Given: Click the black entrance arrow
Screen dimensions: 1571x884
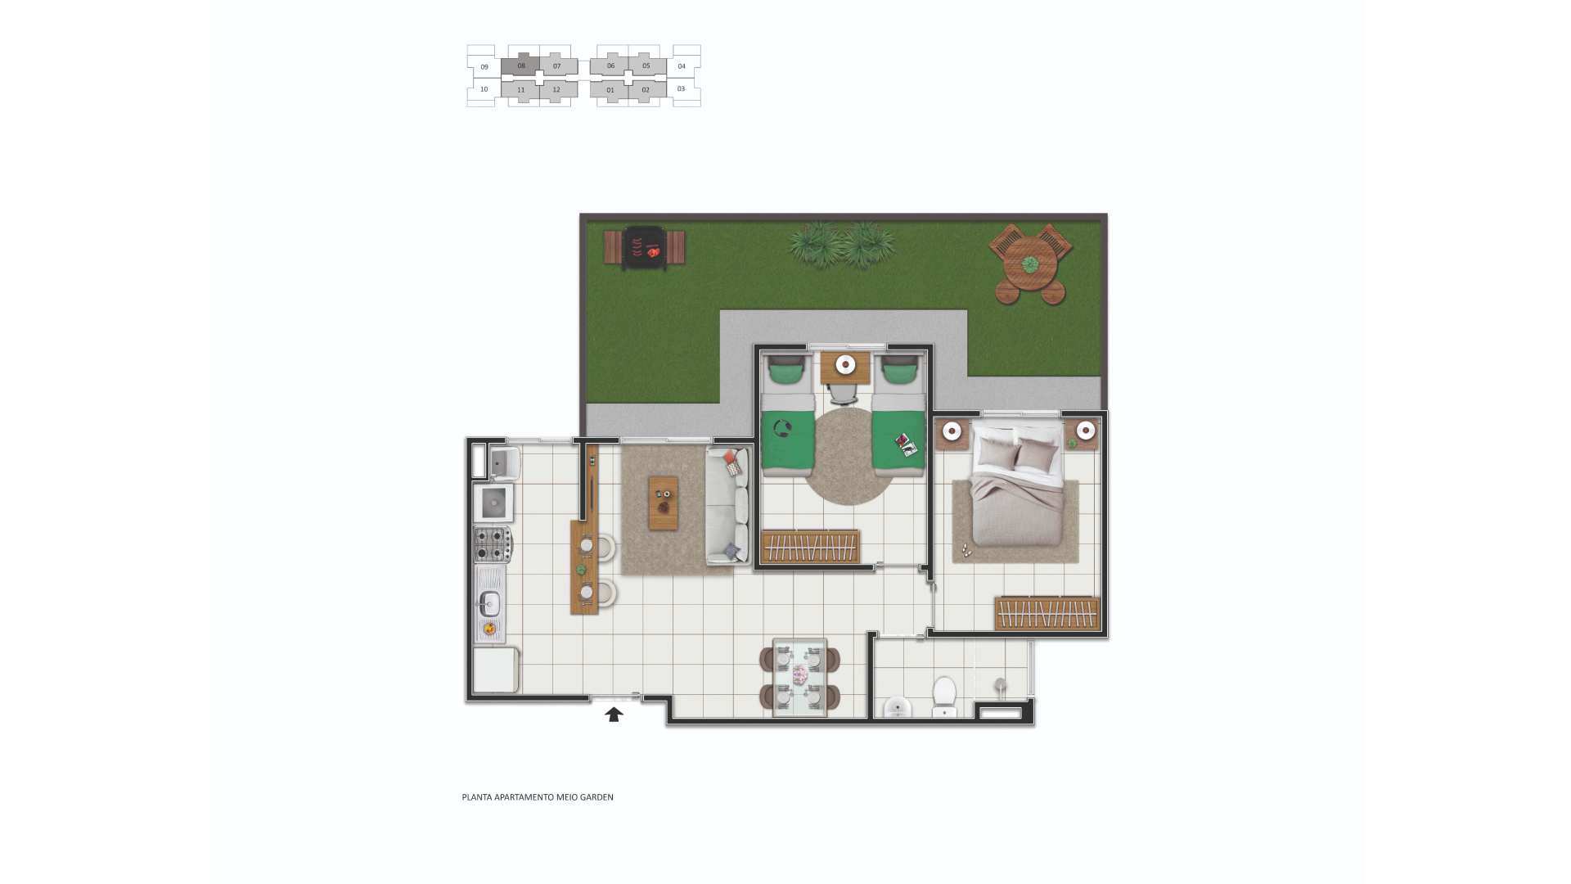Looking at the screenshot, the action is pyautogui.click(x=614, y=715).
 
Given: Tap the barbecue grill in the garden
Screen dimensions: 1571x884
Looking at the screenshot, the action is pyautogui.click(x=643, y=247).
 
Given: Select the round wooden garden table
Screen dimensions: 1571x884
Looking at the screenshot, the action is pyautogui.click(x=1030, y=264).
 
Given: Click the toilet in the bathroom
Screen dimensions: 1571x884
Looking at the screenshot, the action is pyautogui.click(x=944, y=695).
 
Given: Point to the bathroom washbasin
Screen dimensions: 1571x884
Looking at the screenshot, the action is pyautogui.click(x=898, y=707).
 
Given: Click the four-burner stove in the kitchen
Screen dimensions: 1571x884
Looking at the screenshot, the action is pyautogui.click(x=493, y=544).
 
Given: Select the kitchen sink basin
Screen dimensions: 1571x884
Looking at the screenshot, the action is pyautogui.click(x=489, y=604).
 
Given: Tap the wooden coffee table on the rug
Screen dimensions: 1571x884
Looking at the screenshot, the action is pyautogui.click(x=664, y=503).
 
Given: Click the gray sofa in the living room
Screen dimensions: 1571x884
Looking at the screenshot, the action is pyautogui.click(x=727, y=505).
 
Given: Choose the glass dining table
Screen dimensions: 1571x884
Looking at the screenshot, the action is pyautogui.click(x=800, y=677).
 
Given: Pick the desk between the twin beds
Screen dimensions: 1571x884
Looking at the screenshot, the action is pyautogui.click(x=845, y=368).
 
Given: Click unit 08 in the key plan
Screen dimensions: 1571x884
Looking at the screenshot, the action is pyautogui.click(x=521, y=65).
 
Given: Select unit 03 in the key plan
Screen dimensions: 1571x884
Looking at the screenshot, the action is pyautogui.click(x=682, y=89).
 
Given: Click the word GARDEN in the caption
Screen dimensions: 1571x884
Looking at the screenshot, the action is pyautogui.click(x=596, y=797).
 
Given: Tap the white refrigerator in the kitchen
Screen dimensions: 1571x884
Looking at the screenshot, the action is pyautogui.click(x=496, y=670).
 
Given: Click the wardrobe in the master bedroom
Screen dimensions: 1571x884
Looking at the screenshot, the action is pyautogui.click(x=1047, y=613).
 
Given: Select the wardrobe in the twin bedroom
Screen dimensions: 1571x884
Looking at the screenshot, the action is pyautogui.click(x=810, y=547).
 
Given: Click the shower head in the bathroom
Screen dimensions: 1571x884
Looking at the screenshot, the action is pyautogui.click(x=1000, y=684).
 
